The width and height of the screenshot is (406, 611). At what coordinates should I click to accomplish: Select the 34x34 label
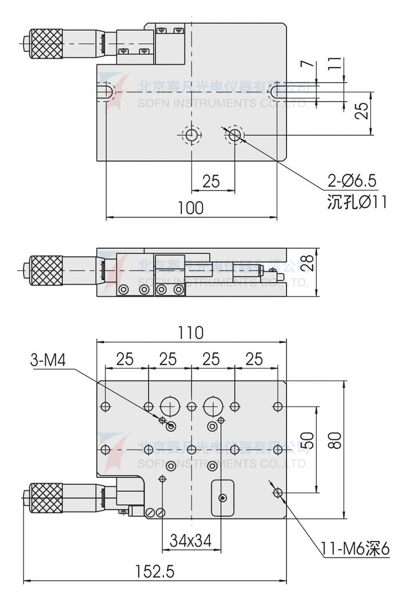191,540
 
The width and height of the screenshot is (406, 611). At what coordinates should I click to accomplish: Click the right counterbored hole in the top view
234,135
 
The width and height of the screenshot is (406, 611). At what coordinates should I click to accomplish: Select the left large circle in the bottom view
169,404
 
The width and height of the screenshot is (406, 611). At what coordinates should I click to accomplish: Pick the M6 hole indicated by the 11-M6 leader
278,492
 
